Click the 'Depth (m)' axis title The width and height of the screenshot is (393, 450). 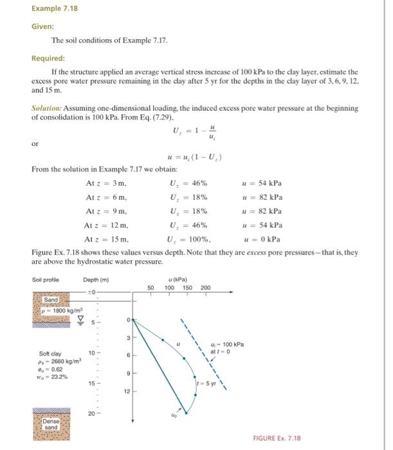96,280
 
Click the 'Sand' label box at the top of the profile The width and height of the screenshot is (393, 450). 51,300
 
